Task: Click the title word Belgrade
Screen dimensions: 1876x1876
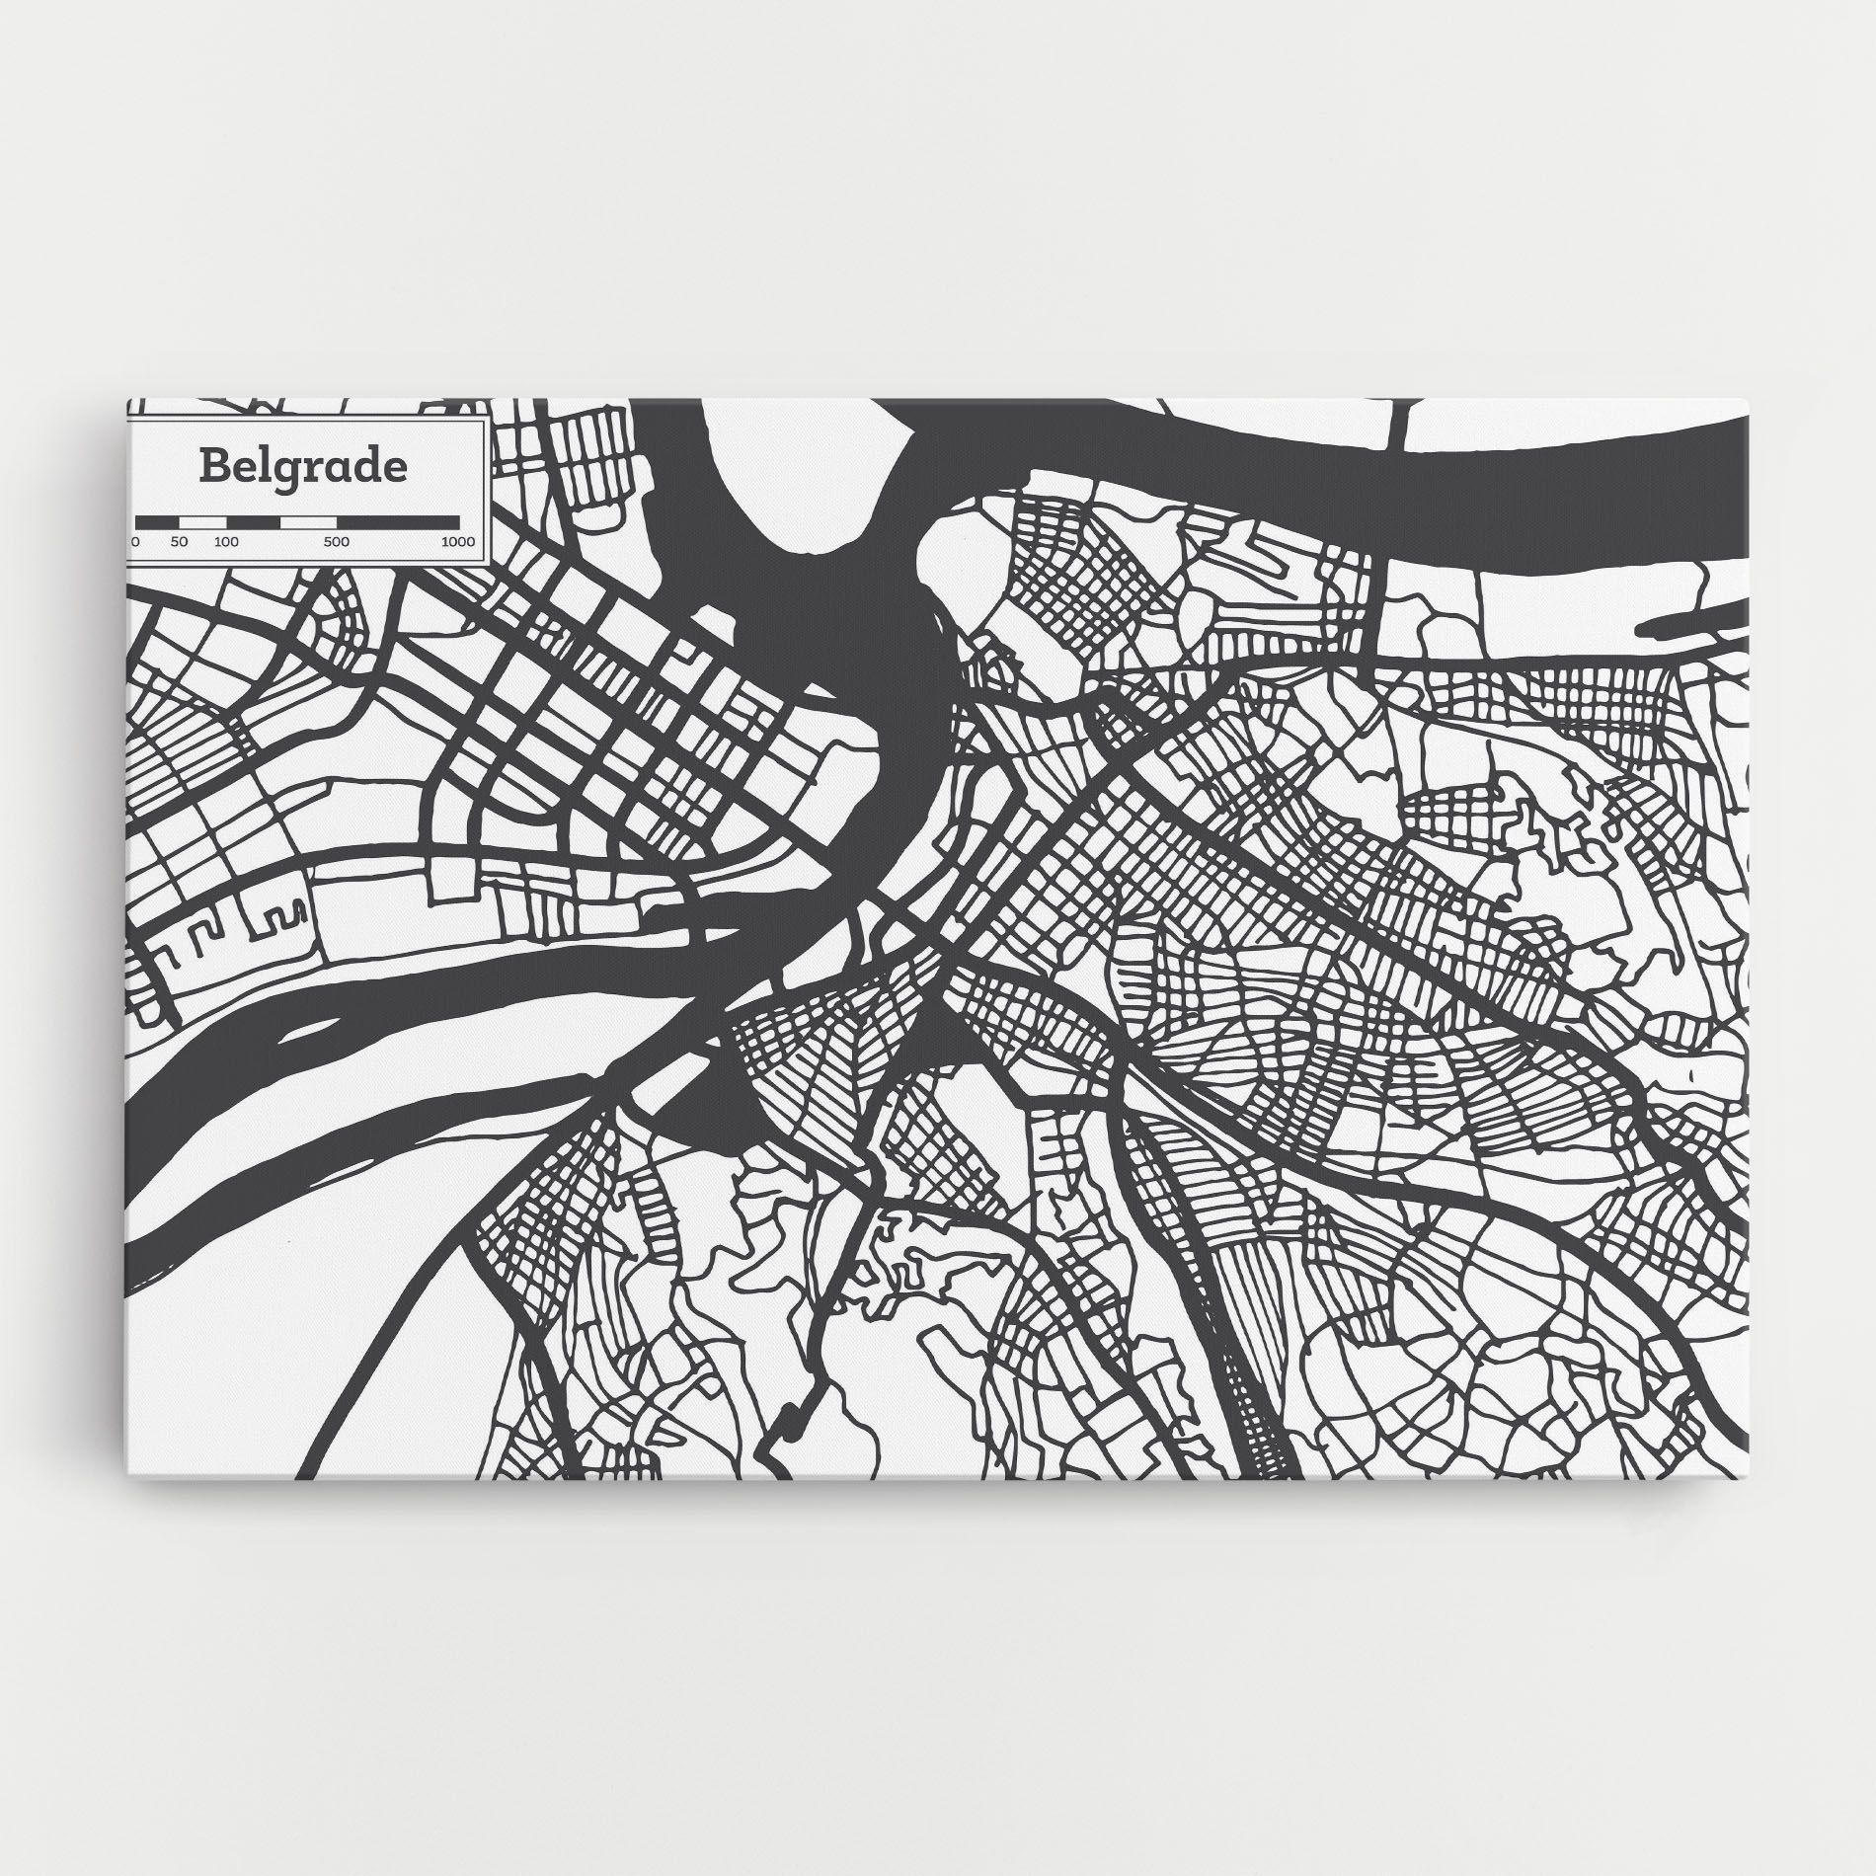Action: click(x=302, y=466)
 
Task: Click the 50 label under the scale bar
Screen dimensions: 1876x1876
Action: click(x=179, y=542)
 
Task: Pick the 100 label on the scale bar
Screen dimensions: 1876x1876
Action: click(x=226, y=542)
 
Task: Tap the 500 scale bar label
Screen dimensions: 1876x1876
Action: click(x=336, y=542)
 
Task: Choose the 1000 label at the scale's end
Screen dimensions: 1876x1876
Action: click(x=458, y=542)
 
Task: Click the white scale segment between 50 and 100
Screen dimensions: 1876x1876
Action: click(x=203, y=521)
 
